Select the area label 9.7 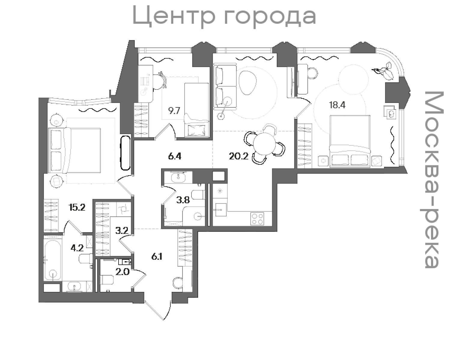[x=174, y=111]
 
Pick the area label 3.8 [x=183, y=200]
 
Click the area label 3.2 [x=122, y=230]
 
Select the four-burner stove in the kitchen [x=257, y=219]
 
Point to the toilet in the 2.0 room [x=107, y=279]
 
